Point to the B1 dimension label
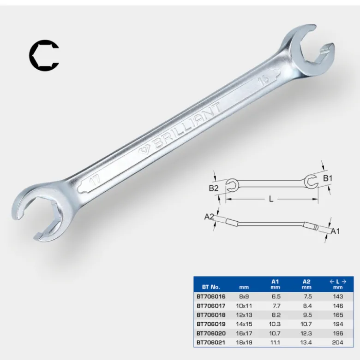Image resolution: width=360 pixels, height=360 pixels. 328,178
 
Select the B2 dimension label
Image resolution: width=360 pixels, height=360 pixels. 213,188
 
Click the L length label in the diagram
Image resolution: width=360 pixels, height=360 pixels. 271,199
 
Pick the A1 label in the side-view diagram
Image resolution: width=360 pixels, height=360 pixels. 335,231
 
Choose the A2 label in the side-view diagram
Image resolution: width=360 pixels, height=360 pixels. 209,216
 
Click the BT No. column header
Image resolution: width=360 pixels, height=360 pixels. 211,287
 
